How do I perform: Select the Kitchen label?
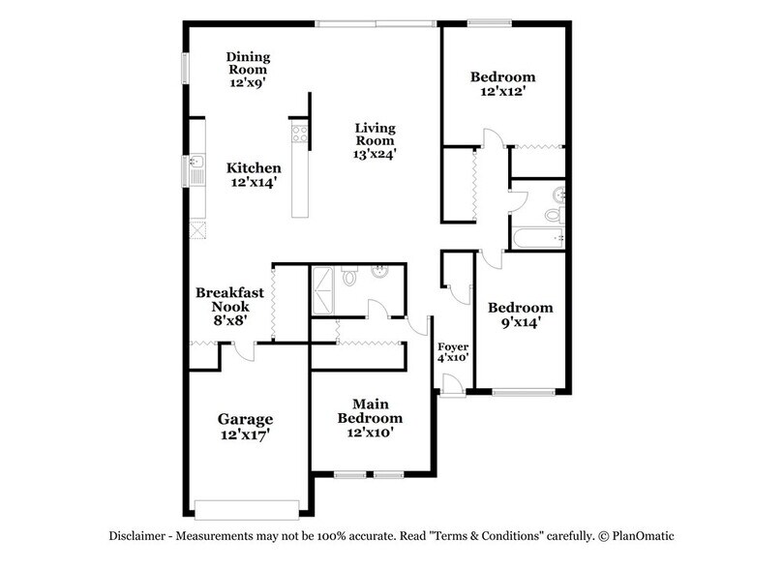(x=256, y=167)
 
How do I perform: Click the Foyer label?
(x=453, y=345)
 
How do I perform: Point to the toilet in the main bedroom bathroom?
(x=353, y=279)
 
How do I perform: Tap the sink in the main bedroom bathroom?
(x=380, y=271)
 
